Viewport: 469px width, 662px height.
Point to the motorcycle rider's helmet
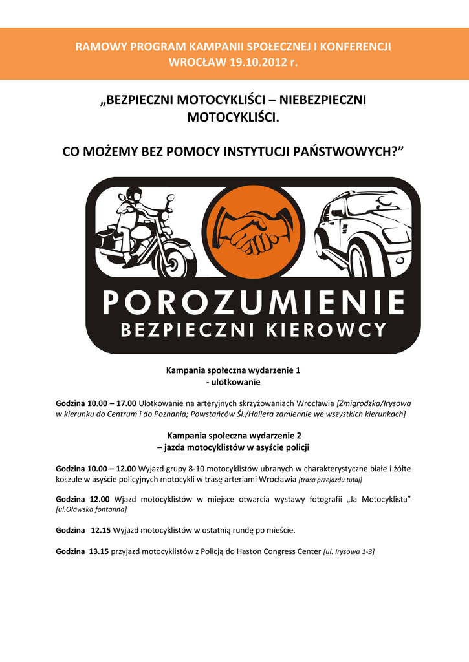(x=134, y=194)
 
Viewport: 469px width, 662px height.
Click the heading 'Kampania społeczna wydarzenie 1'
(x=234, y=371)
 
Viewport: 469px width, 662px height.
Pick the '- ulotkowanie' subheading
(x=232, y=383)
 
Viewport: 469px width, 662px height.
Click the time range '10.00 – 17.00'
(x=111, y=403)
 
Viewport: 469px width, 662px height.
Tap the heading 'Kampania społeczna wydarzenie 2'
(x=234, y=436)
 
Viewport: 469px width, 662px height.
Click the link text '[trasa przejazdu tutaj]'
(x=330, y=480)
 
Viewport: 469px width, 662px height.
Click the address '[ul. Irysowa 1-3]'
(x=349, y=551)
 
